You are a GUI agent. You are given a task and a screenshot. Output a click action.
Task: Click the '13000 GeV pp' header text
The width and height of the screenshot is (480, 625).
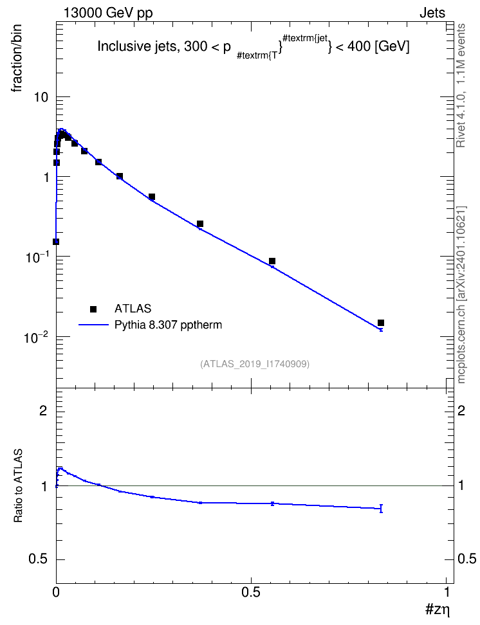pyautogui.click(x=108, y=13)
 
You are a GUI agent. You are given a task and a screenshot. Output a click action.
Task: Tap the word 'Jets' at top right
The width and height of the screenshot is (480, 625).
pyautogui.click(x=432, y=13)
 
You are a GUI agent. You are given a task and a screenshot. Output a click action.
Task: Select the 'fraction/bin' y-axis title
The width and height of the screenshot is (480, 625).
pyautogui.click(x=16, y=59)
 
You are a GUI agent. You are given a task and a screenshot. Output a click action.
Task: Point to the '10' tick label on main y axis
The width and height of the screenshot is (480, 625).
pyautogui.click(x=41, y=97)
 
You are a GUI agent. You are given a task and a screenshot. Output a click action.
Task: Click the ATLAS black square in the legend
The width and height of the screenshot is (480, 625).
pyautogui.click(x=93, y=309)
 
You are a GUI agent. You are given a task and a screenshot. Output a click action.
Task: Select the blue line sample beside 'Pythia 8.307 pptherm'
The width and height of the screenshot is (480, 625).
pyautogui.click(x=94, y=325)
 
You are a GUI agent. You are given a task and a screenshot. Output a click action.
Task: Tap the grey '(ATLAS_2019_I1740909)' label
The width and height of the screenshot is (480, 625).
pyautogui.click(x=255, y=364)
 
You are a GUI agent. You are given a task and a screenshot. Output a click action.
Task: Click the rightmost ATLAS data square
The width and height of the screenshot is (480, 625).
pyautogui.click(x=381, y=323)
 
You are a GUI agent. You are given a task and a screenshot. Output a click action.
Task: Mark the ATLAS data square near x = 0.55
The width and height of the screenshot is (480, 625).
pyautogui.click(x=272, y=261)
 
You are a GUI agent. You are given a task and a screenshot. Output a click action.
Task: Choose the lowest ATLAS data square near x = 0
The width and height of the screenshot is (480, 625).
pyautogui.click(x=56, y=242)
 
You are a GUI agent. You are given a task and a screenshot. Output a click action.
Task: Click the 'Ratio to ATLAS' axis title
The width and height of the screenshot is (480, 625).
pyautogui.click(x=18, y=485)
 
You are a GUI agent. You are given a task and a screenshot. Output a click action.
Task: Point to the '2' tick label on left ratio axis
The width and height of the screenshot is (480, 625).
pyautogui.click(x=44, y=410)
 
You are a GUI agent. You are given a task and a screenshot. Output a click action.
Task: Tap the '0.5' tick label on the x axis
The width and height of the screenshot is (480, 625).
pyautogui.click(x=251, y=592)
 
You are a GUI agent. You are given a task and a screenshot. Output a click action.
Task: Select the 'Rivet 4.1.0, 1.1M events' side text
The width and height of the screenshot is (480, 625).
pyautogui.click(x=461, y=86)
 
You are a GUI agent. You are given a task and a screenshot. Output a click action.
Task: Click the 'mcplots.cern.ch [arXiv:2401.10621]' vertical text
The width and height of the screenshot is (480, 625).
pyautogui.click(x=461, y=294)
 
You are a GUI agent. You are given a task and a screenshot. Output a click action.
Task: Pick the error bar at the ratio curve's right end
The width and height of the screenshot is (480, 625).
pyautogui.click(x=382, y=508)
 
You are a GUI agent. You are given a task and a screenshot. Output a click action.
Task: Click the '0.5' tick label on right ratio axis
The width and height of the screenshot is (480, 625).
pyautogui.click(x=466, y=559)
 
